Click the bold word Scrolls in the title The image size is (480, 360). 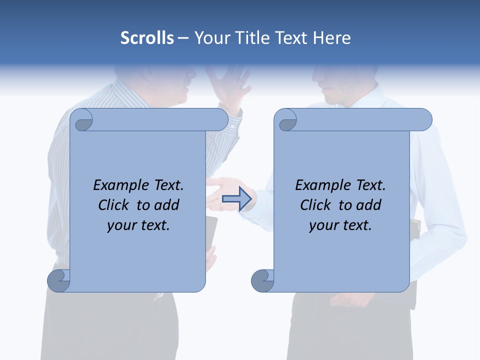point(147,38)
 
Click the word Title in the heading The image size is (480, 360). point(249,38)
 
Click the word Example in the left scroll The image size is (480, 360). point(121,185)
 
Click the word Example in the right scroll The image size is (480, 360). point(323,185)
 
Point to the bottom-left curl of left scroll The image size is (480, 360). point(58,280)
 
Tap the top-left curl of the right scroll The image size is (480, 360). point(286,120)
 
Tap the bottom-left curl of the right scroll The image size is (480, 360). point(262,280)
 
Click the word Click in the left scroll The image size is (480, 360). point(115,205)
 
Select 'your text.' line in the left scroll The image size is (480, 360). point(138,225)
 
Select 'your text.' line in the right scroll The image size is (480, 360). point(340,225)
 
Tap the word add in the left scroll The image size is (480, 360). point(167,205)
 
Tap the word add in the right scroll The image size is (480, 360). point(369,205)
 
